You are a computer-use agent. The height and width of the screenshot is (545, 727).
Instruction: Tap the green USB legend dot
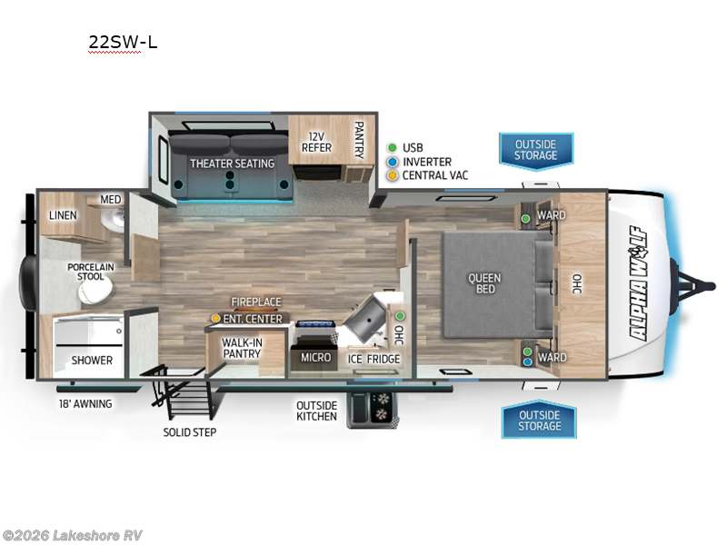[x=392, y=147]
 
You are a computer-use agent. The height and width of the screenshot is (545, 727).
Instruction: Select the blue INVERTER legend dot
[x=392, y=161]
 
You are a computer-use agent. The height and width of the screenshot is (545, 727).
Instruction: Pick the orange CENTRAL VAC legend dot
[x=392, y=174]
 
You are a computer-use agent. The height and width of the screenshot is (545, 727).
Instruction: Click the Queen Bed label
[x=484, y=283]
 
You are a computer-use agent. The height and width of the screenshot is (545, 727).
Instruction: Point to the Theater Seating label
[x=232, y=163]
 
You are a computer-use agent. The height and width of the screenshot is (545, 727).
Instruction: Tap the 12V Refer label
[x=316, y=142]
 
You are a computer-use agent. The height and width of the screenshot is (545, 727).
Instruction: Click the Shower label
[x=92, y=361]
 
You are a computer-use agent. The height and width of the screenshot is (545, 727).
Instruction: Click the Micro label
[x=316, y=357]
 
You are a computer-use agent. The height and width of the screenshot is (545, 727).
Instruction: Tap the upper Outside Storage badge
[x=536, y=150]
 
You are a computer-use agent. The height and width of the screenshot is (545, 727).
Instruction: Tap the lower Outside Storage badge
[x=539, y=421]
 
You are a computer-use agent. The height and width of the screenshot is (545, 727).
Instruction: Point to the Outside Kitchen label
[x=316, y=411]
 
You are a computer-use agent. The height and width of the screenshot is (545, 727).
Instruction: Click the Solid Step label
[x=190, y=432]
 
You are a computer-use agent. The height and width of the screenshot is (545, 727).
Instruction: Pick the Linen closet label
[x=63, y=215]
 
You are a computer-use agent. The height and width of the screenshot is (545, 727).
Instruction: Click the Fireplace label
[x=256, y=302]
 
